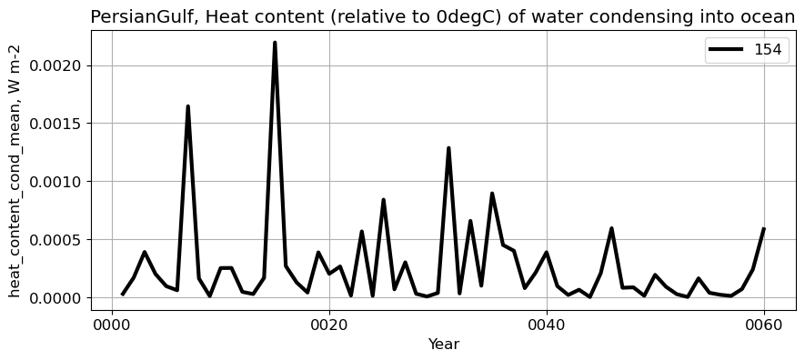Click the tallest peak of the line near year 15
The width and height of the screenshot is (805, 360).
tap(275, 43)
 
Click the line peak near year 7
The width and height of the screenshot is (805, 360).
tap(187, 106)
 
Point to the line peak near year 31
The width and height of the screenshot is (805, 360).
tap(448, 148)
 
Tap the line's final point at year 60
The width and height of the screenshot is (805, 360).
tap(764, 229)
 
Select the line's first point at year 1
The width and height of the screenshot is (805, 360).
tap(123, 294)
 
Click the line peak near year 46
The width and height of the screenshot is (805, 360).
tap(611, 228)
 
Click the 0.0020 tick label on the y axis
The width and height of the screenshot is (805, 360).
tap(59, 65)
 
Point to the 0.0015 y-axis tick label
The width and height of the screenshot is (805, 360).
tap(59, 124)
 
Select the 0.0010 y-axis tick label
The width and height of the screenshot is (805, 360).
tap(59, 182)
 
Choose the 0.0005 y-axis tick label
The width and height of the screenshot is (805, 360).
tap(59, 240)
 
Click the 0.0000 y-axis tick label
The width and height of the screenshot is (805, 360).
tap(59, 298)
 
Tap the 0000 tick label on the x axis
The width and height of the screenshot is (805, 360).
tap(112, 325)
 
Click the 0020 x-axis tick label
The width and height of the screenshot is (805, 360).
tap(329, 325)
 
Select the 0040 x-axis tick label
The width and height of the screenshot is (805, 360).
tap(547, 325)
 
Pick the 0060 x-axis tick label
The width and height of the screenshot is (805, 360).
tap(764, 325)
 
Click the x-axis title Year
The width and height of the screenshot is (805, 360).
tap(444, 345)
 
